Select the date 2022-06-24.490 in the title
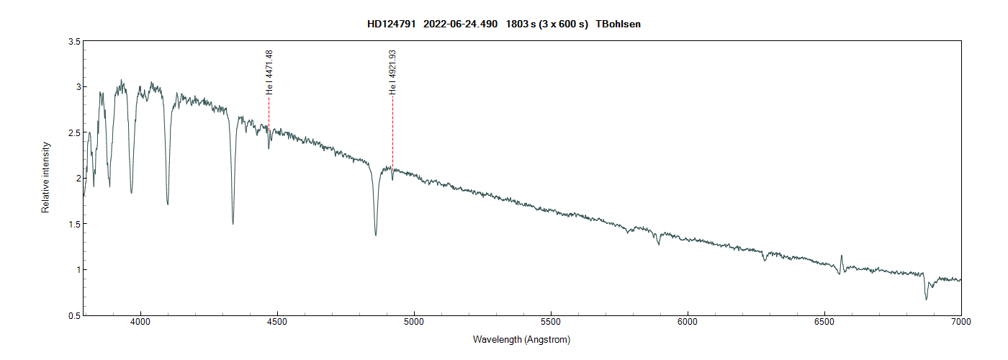click(461, 24)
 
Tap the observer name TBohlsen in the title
click(618, 24)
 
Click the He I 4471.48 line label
click(269, 73)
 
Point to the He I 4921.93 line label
click(392, 73)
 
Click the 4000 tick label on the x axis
click(140, 323)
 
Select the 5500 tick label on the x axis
click(551, 323)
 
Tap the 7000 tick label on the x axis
click(961, 323)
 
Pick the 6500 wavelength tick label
click(824, 323)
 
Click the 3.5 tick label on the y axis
click(73, 42)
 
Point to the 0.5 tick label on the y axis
click(73, 315)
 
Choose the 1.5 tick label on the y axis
click(73, 224)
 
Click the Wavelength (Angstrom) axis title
click(521, 339)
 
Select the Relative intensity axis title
click(45, 178)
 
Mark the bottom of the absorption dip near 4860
click(375, 235)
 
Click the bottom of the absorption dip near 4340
click(233, 223)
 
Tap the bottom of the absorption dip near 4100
click(167, 204)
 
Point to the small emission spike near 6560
click(842, 256)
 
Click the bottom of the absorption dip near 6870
click(926, 299)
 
